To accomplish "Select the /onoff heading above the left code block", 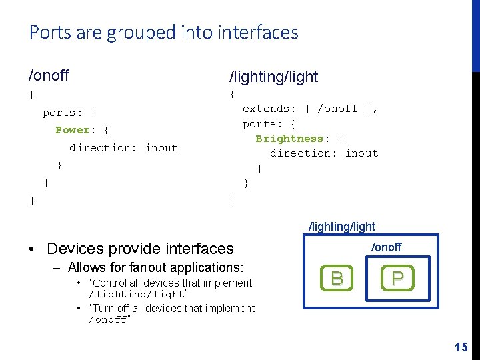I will click(49, 75).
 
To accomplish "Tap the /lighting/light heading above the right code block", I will click(273, 77).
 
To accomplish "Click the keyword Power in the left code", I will click(73, 130).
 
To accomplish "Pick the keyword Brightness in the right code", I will click(289, 139).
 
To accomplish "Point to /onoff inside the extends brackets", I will click(339, 109).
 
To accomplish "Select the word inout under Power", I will click(161, 148).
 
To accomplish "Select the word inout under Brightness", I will click(362, 153).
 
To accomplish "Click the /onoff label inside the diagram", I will click(386, 247).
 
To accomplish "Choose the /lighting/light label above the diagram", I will click(341, 227).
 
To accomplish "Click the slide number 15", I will click(461, 347).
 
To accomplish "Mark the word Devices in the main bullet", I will click(73, 249).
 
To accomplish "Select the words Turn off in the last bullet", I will click(111, 308).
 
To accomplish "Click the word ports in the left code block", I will click(59, 113).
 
